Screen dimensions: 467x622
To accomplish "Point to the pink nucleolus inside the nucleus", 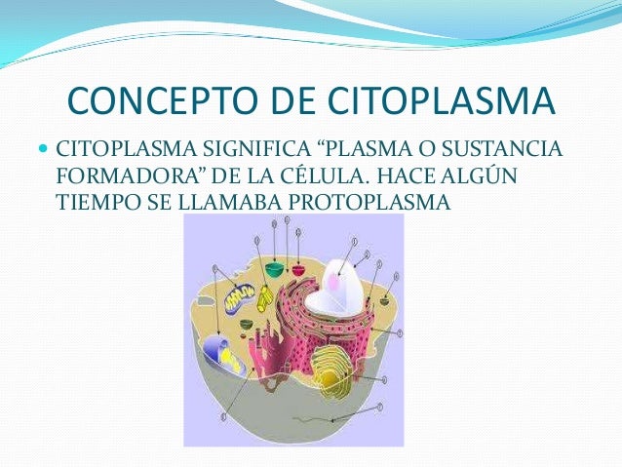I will click(x=334, y=284).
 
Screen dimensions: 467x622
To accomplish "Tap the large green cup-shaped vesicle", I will click(x=275, y=269).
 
